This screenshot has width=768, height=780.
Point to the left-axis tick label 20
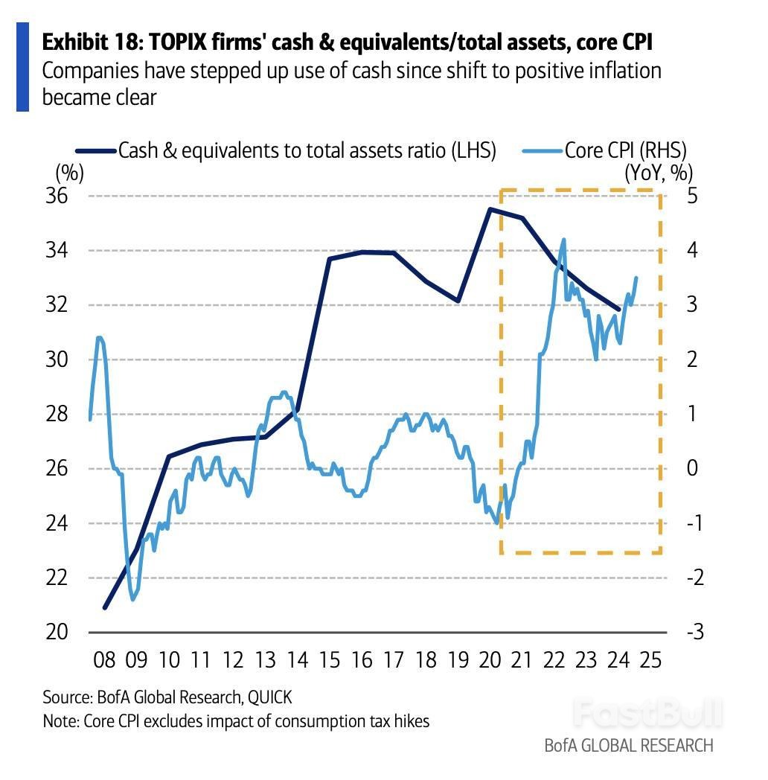click(x=57, y=632)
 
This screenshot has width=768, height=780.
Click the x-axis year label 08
click(x=104, y=660)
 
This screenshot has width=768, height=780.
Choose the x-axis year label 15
click(x=330, y=660)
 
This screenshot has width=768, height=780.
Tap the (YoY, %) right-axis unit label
click(x=658, y=173)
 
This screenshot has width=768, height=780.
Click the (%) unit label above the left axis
click(x=69, y=173)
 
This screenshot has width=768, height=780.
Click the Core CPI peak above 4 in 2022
click(x=563, y=240)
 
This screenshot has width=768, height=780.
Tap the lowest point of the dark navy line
click(x=105, y=607)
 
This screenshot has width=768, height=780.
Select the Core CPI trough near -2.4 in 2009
click(x=133, y=599)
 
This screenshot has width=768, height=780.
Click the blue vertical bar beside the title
click(x=22, y=67)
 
